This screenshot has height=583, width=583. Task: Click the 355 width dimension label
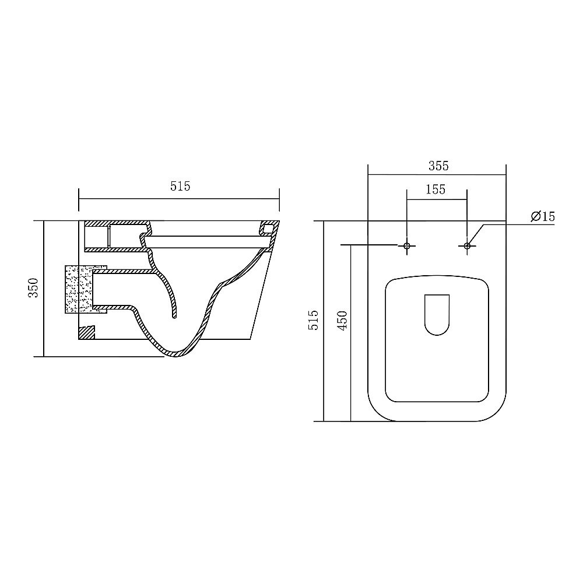438,166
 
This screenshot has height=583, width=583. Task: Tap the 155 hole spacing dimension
436,189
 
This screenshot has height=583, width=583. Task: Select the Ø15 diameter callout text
543,216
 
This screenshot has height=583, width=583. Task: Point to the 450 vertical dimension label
342,320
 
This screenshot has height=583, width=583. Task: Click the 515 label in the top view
314,319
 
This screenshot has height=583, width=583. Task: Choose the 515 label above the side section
180,186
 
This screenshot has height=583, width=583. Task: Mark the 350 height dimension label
33,287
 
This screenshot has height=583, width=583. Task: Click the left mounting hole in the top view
406,246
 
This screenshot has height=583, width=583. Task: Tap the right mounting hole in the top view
467,246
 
